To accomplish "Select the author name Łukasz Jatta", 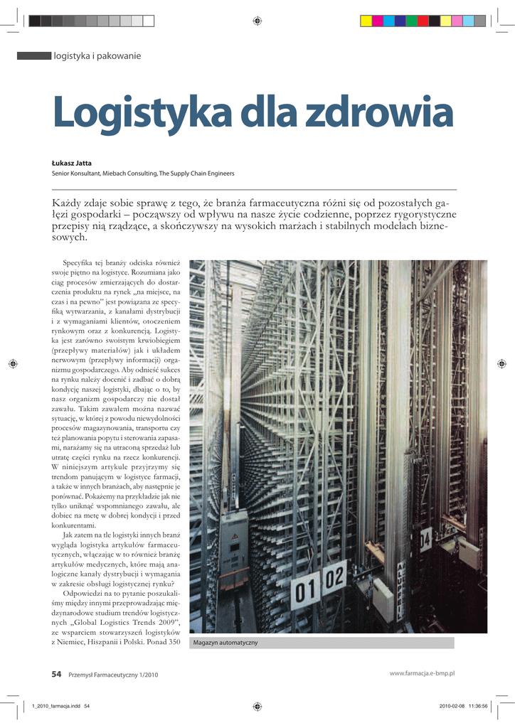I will [x=72, y=163].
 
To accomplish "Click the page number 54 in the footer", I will [x=56, y=674].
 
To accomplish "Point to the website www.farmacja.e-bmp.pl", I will [x=422, y=673].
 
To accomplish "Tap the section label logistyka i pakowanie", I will [x=97, y=55].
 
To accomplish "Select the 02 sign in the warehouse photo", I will [x=335, y=577].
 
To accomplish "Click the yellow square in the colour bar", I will [x=366, y=21].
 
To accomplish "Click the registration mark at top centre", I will [x=257, y=21].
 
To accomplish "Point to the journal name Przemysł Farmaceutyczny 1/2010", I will [x=113, y=675].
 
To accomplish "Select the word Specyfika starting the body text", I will [x=80, y=262].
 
